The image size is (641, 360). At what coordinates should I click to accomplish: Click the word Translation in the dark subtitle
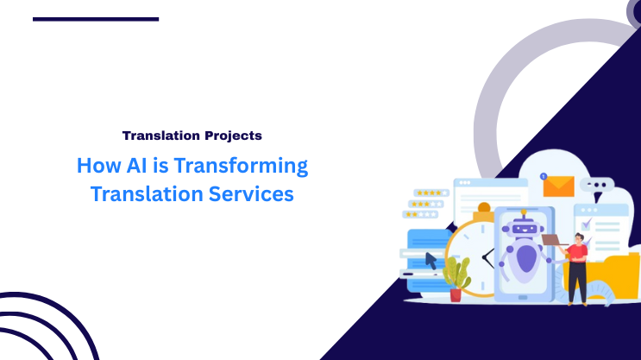tap(156, 136)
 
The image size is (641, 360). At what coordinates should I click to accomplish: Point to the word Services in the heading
tap(249, 194)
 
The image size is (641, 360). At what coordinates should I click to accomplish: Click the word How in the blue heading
tap(94, 165)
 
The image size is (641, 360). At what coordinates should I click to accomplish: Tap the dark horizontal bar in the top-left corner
tap(96, 18)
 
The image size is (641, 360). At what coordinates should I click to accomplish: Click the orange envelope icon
tap(558, 185)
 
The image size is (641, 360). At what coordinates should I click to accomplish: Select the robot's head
tap(524, 228)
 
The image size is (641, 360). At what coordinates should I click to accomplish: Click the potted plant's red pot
tap(456, 294)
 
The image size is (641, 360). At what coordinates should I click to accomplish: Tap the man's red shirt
tap(577, 253)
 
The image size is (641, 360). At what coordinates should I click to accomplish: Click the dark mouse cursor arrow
tap(432, 260)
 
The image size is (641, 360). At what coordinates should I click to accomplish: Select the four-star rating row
tap(429, 193)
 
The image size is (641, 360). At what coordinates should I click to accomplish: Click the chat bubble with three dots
tap(596, 185)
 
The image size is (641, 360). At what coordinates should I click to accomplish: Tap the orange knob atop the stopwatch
tap(484, 208)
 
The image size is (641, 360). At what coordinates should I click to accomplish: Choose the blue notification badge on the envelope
tap(544, 176)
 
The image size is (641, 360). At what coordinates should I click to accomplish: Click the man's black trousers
tap(577, 283)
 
